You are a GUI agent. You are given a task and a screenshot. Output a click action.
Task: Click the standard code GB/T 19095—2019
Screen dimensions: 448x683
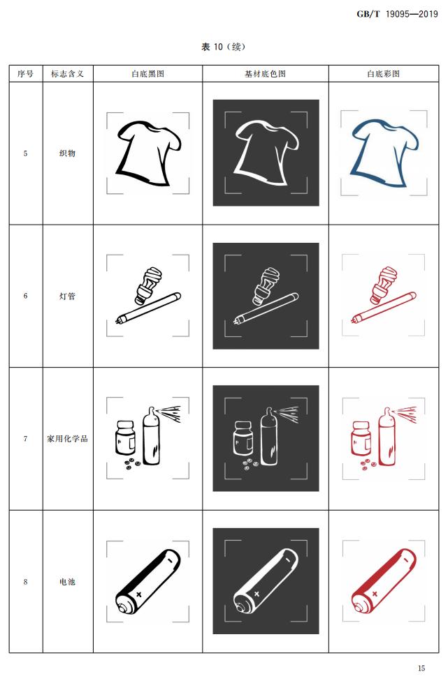(x=397, y=14)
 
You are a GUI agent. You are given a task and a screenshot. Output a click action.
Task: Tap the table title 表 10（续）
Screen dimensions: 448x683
(x=224, y=47)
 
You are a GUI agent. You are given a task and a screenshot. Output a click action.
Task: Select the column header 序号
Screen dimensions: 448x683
(x=25, y=74)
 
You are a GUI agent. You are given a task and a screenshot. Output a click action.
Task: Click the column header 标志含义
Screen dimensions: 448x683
(x=67, y=74)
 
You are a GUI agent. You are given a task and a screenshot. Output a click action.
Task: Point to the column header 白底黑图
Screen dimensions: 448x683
(x=148, y=74)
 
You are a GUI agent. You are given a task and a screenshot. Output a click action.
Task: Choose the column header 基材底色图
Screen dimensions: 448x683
(x=265, y=74)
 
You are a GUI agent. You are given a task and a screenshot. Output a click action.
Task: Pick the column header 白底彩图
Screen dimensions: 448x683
(x=384, y=74)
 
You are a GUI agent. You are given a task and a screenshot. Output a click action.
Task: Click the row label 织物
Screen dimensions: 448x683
(x=67, y=153)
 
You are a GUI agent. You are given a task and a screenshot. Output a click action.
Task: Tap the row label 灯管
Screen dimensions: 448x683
(x=67, y=297)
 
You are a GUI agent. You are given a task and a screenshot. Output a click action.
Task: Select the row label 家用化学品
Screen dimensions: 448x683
(x=67, y=439)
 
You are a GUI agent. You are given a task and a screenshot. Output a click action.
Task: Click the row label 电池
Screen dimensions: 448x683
(x=67, y=582)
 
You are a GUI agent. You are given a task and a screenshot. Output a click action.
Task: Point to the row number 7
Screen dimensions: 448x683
(x=25, y=439)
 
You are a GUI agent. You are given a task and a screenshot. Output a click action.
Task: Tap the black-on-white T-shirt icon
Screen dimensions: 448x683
(x=148, y=153)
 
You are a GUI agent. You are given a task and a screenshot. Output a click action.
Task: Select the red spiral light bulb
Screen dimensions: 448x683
(x=383, y=285)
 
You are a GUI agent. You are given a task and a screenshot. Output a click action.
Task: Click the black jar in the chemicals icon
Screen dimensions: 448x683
(x=125, y=437)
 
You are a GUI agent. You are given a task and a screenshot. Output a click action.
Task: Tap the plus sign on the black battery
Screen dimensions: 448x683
(x=138, y=594)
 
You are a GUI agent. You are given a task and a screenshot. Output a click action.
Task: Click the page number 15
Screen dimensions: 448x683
(x=421, y=668)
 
